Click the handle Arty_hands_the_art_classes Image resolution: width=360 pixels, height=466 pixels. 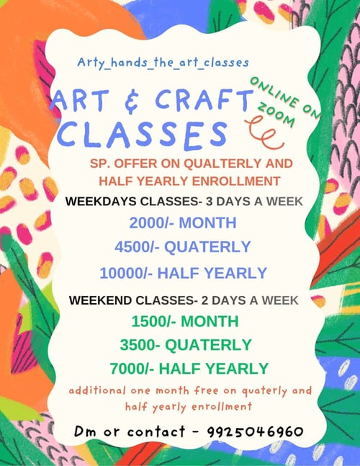click(x=163, y=63)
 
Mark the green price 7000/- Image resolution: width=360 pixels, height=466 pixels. click(x=132, y=367)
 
